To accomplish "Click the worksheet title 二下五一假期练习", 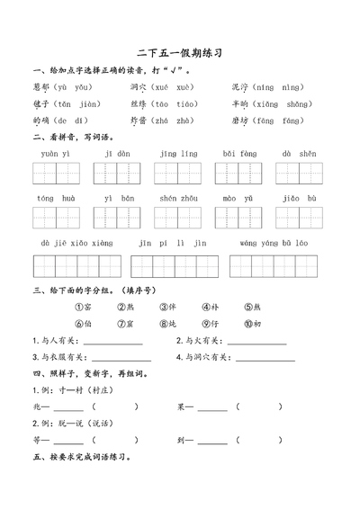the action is [x=179, y=54].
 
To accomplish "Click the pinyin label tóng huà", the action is [x=56, y=197].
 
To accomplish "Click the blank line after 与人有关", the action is [x=112, y=343].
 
